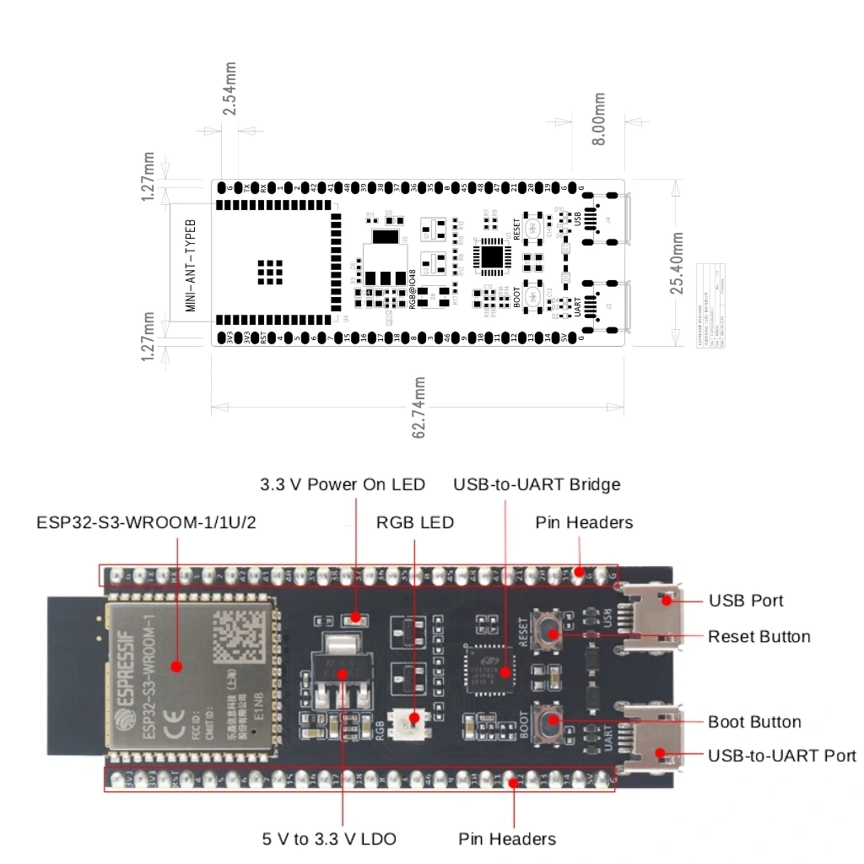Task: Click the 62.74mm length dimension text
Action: pyautogui.click(x=418, y=408)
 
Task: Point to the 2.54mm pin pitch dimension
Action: pyautogui.click(x=229, y=89)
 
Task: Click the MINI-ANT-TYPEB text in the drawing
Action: pyautogui.click(x=191, y=264)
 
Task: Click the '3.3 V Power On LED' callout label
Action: pyautogui.click(x=343, y=484)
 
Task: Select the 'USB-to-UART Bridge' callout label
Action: pyautogui.click(x=537, y=484)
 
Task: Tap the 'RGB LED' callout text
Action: pyautogui.click(x=415, y=522)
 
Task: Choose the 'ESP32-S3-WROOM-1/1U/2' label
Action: pyautogui.click(x=146, y=522)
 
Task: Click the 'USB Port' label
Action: pyautogui.click(x=746, y=601)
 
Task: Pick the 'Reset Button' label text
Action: pyautogui.click(x=759, y=636)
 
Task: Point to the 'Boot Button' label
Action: pyautogui.click(x=754, y=721)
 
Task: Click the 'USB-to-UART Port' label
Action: pyautogui.click(x=782, y=755)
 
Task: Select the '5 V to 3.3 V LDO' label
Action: pyautogui.click(x=329, y=839)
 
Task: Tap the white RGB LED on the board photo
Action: pyautogui.click(x=413, y=719)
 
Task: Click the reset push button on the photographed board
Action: pyautogui.click(x=550, y=634)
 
